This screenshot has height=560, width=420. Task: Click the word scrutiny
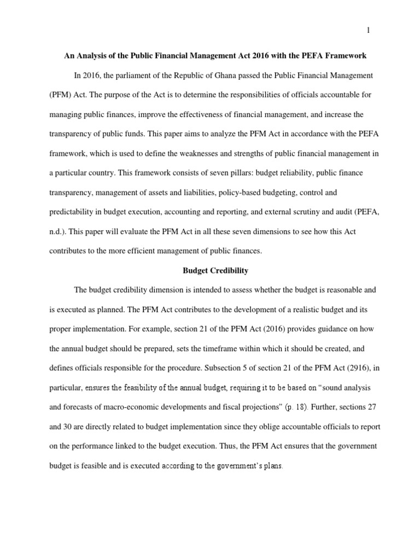[x=295, y=212]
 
